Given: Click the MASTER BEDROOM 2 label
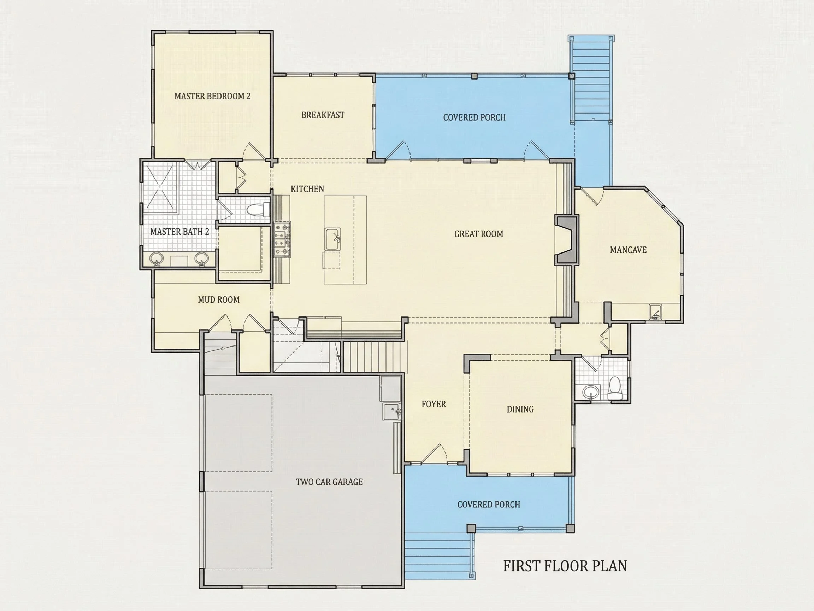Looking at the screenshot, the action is pyautogui.click(x=212, y=96).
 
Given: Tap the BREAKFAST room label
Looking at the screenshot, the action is pyautogui.click(x=323, y=115).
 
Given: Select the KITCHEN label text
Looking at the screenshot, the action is pyautogui.click(x=307, y=189).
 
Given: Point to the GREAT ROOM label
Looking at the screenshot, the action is pyautogui.click(x=478, y=234).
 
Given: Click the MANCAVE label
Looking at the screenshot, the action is pyautogui.click(x=628, y=250).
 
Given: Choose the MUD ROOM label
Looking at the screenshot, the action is pyautogui.click(x=219, y=300).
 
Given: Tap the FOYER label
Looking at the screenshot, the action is pyautogui.click(x=433, y=404).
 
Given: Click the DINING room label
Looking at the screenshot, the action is pyautogui.click(x=520, y=409).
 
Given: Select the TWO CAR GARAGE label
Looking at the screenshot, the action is pyautogui.click(x=329, y=482).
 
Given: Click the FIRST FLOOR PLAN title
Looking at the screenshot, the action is pyautogui.click(x=565, y=566).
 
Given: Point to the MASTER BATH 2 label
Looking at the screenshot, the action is pyautogui.click(x=179, y=232).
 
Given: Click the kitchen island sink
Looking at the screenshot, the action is pyautogui.click(x=333, y=239).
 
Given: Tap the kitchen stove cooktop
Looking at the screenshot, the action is pyautogui.click(x=282, y=240).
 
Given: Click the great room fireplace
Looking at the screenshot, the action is pyautogui.click(x=567, y=240).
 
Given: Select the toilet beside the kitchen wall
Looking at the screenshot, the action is pyautogui.click(x=258, y=210).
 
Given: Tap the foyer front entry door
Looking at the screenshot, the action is pyautogui.click(x=433, y=454).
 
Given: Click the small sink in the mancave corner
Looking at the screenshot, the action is pyautogui.click(x=655, y=312).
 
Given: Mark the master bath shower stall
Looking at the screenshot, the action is pyautogui.click(x=160, y=188).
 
